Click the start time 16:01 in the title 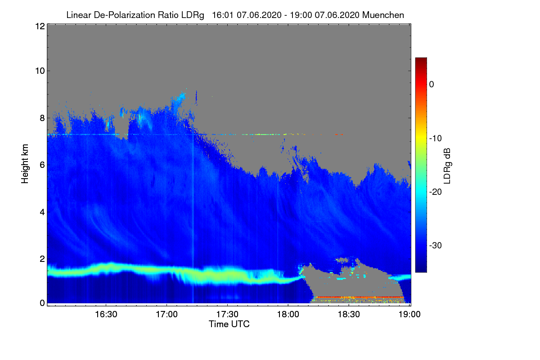point(221,15)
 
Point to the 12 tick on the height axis point(39,26)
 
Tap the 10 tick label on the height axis point(39,71)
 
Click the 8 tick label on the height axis point(41,118)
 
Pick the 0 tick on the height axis point(41,303)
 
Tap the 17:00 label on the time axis point(166,315)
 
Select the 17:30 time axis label point(227,315)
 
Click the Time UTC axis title point(229,324)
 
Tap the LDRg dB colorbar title point(447,165)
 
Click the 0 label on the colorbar point(432,84)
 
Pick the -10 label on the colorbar point(435,138)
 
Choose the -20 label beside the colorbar point(435,192)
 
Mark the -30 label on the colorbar point(435,246)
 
